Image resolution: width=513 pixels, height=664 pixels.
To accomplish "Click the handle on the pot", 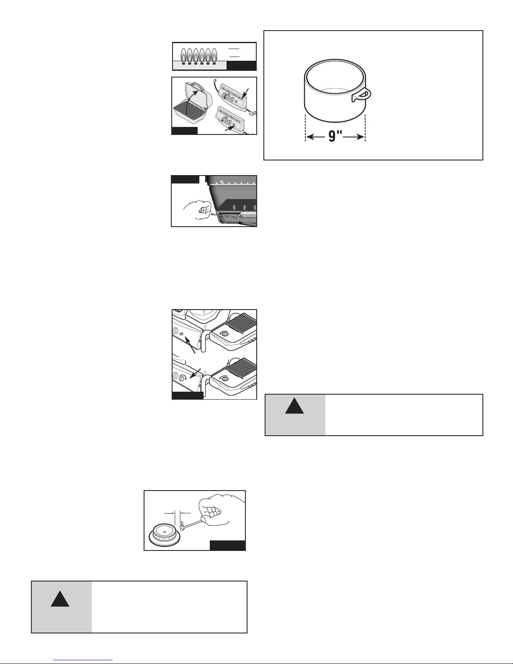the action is pyautogui.click(x=362, y=95).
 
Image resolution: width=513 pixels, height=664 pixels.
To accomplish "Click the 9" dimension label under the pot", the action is pyautogui.click(x=335, y=136).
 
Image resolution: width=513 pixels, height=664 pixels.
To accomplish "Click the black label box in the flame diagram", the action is pyautogui.click(x=241, y=65).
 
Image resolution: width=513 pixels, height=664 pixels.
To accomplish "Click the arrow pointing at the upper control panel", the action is pyautogui.click(x=246, y=93).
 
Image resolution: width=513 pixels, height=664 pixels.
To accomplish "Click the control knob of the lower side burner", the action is pyautogui.click(x=225, y=379).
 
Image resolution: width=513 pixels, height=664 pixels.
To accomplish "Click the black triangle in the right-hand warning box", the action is pyautogui.click(x=294, y=406).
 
